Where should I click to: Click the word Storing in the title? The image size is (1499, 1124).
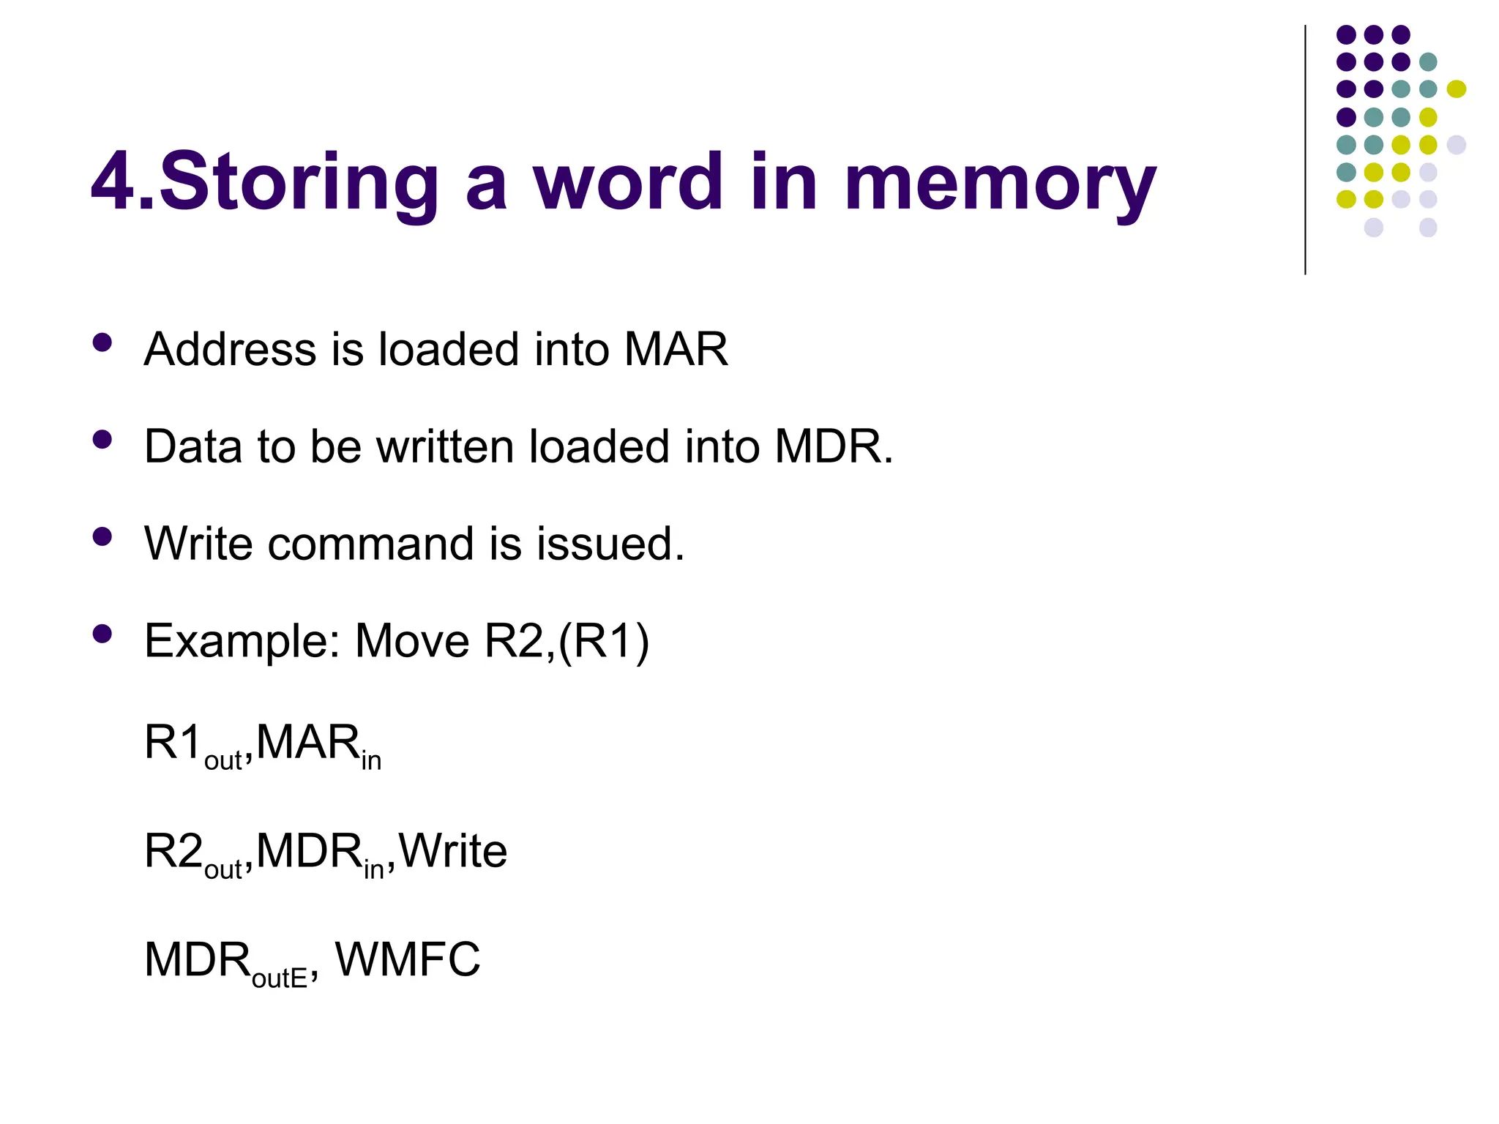point(299,183)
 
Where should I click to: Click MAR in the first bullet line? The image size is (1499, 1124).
point(676,349)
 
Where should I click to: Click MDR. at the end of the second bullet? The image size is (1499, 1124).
point(834,446)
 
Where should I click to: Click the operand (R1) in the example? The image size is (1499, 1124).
point(604,642)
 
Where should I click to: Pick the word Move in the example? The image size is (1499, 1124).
point(412,642)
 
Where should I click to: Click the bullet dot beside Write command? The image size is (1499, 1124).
point(102,537)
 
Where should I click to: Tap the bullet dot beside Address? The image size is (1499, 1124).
point(102,342)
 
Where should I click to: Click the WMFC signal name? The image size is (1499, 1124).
point(408,959)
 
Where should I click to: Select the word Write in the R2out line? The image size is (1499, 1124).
point(453,851)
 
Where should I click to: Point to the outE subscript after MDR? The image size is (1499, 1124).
point(279,978)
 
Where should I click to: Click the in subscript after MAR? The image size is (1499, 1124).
point(371,761)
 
